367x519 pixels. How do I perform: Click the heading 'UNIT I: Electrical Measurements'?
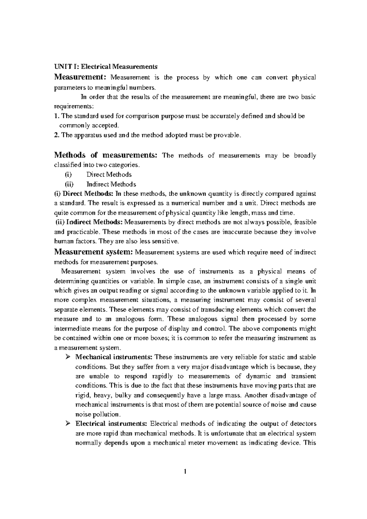pyautogui.click(x=106, y=66)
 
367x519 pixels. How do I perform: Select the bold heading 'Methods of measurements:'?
pyautogui.click(x=106, y=155)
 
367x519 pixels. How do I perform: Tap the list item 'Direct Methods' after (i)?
pyautogui.click(x=109, y=175)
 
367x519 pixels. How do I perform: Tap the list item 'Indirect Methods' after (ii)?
pyautogui.click(x=111, y=184)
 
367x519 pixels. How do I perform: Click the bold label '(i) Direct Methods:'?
pyautogui.click(x=83, y=194)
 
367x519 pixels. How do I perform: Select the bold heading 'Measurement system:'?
pyautogui.click(x=94, y=252)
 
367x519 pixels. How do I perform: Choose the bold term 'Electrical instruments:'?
pyautogui.click(x=111, y=424)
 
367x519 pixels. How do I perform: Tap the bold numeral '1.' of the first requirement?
pyautogui.click(x=56, y=116)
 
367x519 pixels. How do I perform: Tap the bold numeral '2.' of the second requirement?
pyautogui.click(x=57, y=135)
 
